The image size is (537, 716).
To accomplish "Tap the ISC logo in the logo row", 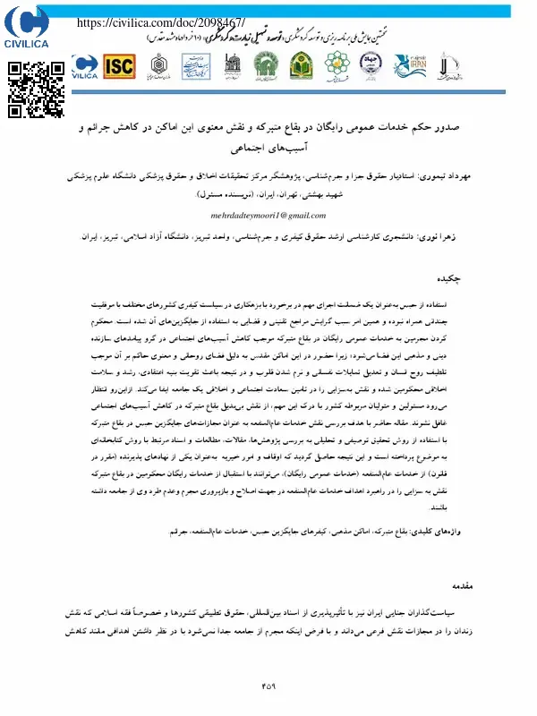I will pos(120,65).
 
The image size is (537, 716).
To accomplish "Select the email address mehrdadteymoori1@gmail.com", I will pos(268,216).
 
